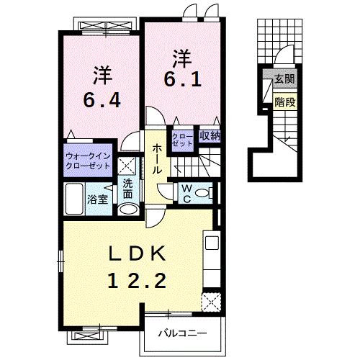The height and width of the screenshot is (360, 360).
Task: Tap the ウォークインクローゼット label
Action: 88,160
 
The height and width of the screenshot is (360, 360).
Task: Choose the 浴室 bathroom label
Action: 98,199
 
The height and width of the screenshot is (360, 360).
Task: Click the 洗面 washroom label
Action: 127,188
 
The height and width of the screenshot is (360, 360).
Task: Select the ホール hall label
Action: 156,158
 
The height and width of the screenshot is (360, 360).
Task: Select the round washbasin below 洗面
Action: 127,209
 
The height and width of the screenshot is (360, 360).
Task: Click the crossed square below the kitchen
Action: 211,301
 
